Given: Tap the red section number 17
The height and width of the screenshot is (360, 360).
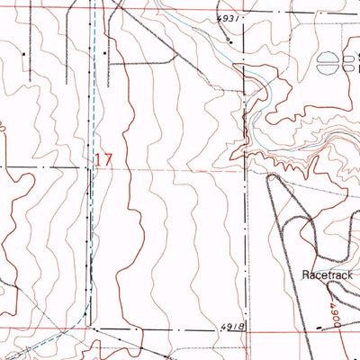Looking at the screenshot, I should (103, 159).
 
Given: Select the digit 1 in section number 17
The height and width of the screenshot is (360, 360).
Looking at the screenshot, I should (98, 159).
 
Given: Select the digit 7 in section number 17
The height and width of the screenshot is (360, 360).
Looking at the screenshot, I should (108, 159).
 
